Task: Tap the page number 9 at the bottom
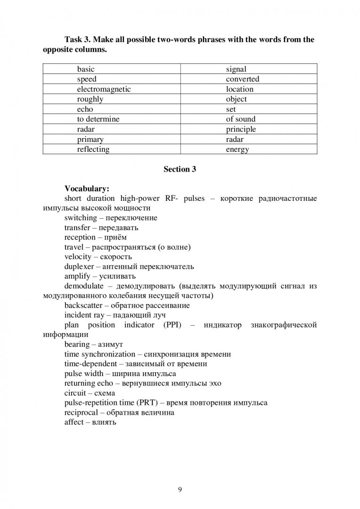[180, 489]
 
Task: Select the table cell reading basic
[86, 69]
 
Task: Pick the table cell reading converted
[242, 79]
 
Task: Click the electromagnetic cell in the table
[104, 89]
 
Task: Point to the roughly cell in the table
[90, 99]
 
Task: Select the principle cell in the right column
[241, 129]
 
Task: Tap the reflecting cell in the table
[93, 149]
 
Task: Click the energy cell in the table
[237, 149]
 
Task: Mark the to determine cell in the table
[98, 119]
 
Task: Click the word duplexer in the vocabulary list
[80, 267]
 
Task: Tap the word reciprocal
[81, 412]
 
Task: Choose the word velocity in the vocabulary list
[77, 257]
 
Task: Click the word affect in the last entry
[74, 422]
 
